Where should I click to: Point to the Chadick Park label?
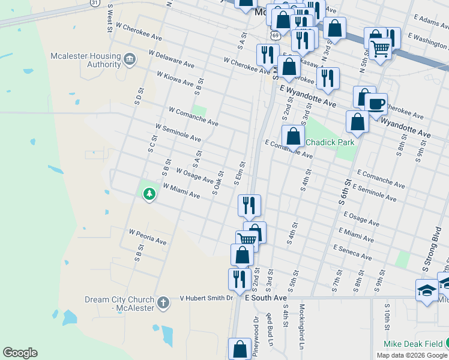(x=330, y=142)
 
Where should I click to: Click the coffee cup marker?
(x=376, y=104)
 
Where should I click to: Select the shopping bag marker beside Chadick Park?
(x=293, y=136)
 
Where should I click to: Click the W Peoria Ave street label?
(x=148, y=236)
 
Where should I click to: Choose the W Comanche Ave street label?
(x=193, y=116)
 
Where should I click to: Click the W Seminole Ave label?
(x=178, y=133)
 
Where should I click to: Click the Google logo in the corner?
(x=20, y=353)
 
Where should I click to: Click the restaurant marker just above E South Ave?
(x=239, y=279)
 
